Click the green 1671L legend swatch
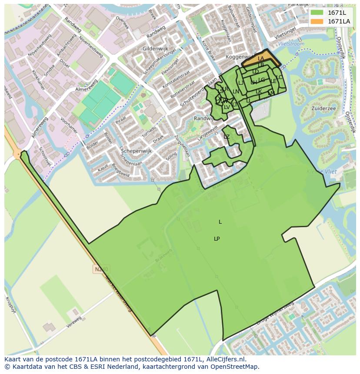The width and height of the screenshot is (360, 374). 317,13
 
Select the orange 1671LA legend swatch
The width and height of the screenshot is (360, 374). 317,21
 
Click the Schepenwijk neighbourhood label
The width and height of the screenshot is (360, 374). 136,151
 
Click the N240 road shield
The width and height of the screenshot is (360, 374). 100,269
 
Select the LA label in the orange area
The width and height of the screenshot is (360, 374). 261,59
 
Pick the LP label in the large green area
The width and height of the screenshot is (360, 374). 217,239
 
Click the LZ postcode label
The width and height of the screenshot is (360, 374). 227,137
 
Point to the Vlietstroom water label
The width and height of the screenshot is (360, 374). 291,44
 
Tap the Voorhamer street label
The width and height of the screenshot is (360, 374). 69,125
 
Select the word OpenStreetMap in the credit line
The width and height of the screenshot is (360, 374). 235,367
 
